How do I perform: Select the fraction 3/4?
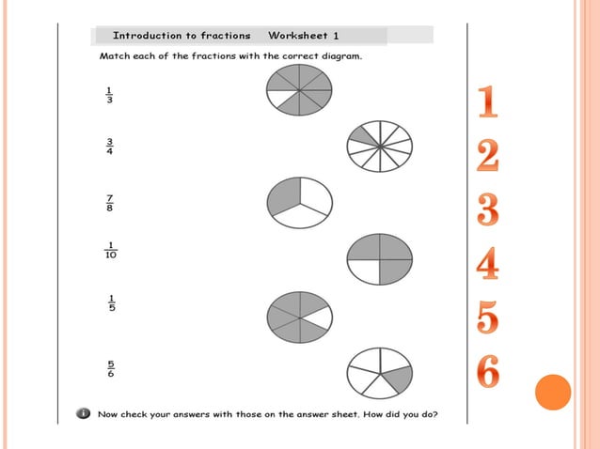[109, 147]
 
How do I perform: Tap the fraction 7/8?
[110, 202]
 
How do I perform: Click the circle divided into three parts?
[300, 203]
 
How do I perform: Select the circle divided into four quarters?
[379, 259]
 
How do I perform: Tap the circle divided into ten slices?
[380, 147]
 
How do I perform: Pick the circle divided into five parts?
[379, 373]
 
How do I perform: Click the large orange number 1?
[486, 103]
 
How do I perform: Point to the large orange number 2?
[487, 156]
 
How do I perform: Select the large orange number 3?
[487, 210]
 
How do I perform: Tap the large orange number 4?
[487, 264]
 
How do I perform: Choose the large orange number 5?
[487, 318]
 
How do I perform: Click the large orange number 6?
[487, 372]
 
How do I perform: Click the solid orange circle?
[553, 392]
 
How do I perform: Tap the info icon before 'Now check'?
[84, 413]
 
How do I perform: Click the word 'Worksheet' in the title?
[298, 36]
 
